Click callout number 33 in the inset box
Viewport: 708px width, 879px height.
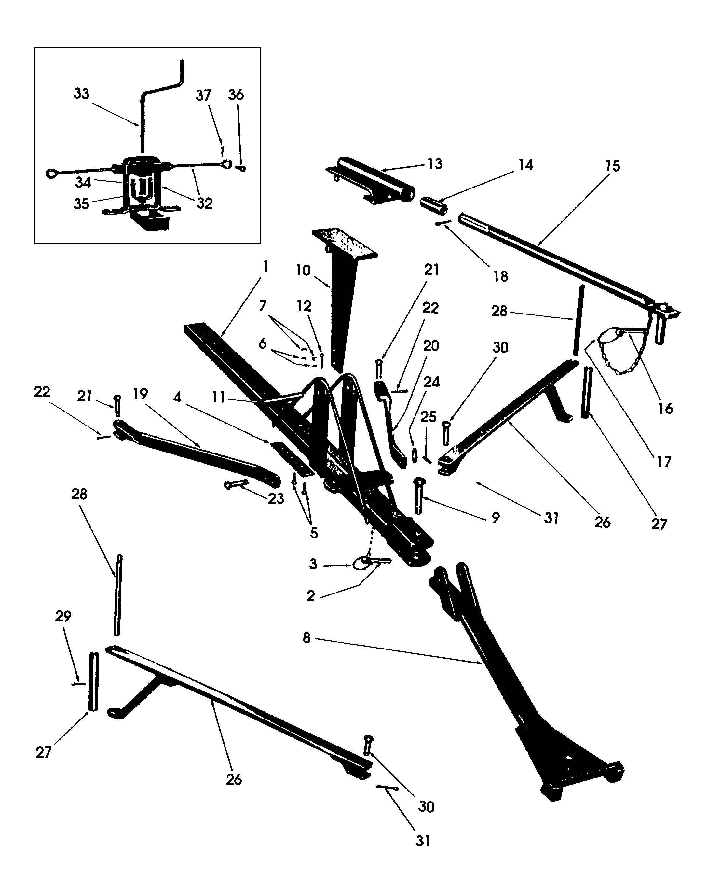pyautogui.click(x=81, y=93)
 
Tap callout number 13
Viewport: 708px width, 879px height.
pyautogui.click(x=435, y=164)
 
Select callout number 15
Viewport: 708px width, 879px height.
pyautogui.click(x=613, y=166)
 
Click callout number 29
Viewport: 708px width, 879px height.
pyautogui.click(x=63, y=616)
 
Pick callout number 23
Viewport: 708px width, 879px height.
pyautogui.click(x=276, y=498)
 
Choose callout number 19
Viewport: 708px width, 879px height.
pyautogui.click(x=140, y=394)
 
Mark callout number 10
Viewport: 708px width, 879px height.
pyautogui.click(x=303, y=270)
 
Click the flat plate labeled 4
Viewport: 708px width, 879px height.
pyautogui.click(x=291, y=458)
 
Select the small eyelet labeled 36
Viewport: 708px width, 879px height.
pyautogui.click(x=241, y=168)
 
